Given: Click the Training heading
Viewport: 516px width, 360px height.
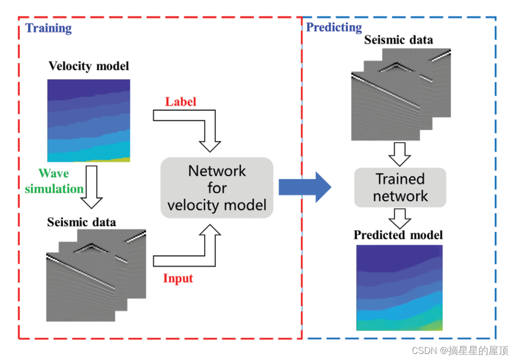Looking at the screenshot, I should (x=49, y=28).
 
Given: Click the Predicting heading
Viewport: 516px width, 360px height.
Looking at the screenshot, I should (x=334, y=27).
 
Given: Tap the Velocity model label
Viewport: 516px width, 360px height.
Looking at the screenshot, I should (x=89, y=66).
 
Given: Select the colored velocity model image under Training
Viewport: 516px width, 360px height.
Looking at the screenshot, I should (x=89, y=120).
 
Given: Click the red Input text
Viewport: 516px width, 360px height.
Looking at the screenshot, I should (x=178, y=277).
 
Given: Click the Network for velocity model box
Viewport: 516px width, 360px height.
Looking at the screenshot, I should (x=217, y=187).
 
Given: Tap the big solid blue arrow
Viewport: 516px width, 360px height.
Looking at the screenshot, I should (x=304, y=187).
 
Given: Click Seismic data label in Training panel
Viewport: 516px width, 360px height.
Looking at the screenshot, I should (x=82, y=222).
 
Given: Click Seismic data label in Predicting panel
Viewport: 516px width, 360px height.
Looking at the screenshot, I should (x=398, y=40).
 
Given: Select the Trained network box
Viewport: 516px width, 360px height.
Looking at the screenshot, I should (x=400, y=187).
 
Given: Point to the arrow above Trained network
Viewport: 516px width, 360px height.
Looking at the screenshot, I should (x=400, y=154).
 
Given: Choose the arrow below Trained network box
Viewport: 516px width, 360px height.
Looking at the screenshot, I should (x=400, y=218).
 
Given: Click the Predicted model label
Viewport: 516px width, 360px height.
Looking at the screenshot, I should (x=398, y=235).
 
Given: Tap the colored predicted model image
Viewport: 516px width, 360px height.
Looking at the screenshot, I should (x=399, y=287).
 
